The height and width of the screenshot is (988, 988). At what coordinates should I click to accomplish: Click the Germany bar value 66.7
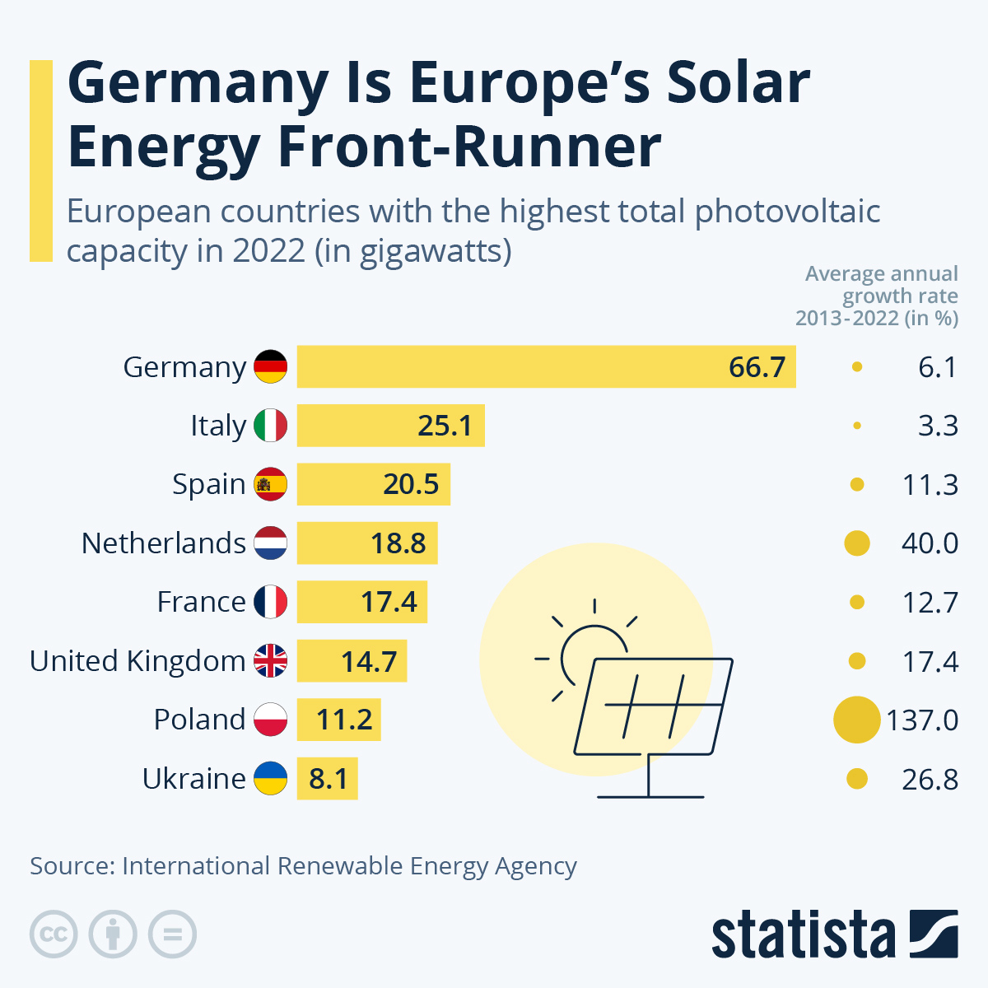(757, 366)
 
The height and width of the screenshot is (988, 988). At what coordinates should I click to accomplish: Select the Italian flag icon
(270, 426)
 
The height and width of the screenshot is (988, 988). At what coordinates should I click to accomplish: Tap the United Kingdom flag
(270, 660)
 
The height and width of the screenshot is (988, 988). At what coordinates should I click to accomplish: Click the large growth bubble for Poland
(856, 720)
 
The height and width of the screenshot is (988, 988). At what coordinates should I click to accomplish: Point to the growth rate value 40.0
(930, 543)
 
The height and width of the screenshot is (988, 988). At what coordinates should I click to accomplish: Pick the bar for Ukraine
(327, 778)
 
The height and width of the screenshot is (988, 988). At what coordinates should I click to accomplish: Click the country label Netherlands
(163, 543)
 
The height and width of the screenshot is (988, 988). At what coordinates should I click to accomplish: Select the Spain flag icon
(270, 484)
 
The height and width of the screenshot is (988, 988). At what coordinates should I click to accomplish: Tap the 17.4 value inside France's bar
(389, 602)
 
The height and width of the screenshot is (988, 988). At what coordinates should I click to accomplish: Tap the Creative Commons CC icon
(54, 934)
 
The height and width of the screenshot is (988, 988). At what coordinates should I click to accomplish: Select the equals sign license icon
(173, 934)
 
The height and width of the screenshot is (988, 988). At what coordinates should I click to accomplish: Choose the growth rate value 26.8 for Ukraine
(930, 779)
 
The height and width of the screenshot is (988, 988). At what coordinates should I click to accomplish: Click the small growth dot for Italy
(857, 426)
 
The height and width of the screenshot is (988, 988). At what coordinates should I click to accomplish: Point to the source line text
(303, 866)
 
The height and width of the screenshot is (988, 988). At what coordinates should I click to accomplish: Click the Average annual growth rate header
(878, 296)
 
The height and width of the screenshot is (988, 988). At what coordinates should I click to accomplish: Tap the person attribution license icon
(113, 934)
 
